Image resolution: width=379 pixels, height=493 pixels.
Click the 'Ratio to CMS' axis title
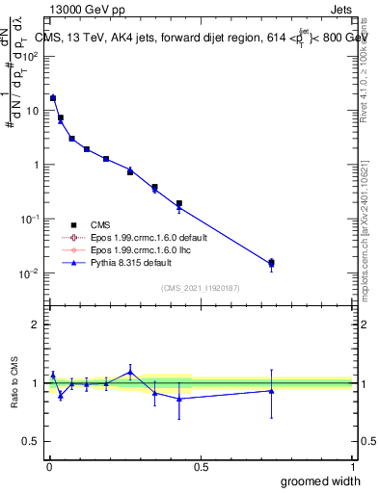click(x=14, y=382)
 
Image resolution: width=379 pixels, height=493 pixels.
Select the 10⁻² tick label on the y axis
click(x=29, y=273)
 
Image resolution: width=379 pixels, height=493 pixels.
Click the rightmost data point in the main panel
click(x=271, y=263)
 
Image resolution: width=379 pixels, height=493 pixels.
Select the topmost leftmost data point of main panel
click(x=53, y=98)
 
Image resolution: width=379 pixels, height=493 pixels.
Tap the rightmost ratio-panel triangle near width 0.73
click(x=271, y=390)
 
